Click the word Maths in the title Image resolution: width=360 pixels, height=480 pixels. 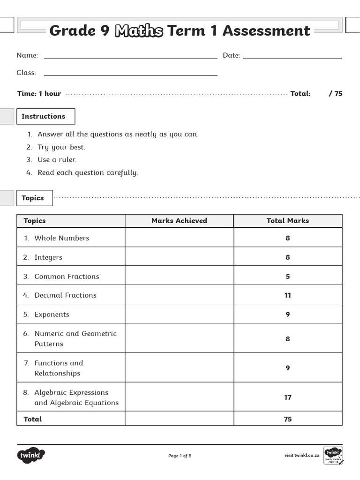(x=139, y=31)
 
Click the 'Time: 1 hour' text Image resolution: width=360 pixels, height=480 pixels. (x=39, y=93)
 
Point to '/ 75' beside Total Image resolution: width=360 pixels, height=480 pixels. (x=336, y=93)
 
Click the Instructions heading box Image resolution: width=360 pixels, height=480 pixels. (x=45, y=116)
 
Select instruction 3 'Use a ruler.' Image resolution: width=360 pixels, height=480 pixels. (x=57, y=159)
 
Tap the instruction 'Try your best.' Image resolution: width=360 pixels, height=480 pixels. (x=61, y=147)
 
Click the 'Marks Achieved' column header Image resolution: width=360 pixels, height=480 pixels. (x=179, y=221)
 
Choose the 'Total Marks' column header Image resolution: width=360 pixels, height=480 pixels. (x=287, y=221)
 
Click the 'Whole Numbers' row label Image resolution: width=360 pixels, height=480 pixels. (x=61, y=238)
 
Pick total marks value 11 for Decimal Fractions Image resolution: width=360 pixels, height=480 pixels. (x=287, y=295)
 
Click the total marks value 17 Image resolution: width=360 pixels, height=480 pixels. (x=287, y=397)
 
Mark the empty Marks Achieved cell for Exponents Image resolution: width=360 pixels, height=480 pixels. (x=179, y=314)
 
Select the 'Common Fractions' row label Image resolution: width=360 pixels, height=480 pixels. (x=67, y=276)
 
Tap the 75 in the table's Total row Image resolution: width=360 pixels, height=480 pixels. (x=287, y=419)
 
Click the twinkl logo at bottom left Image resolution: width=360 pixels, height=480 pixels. (x=31, y=455)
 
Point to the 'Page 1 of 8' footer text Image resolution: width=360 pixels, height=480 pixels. (x=180, y=456)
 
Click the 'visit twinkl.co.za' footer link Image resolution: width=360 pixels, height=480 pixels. (x=302, y=455)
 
